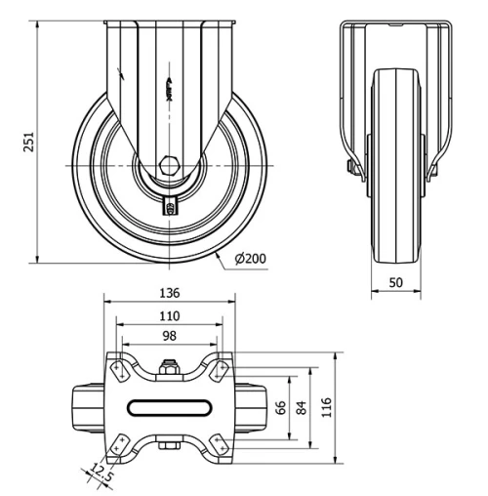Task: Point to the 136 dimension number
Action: click(169, 293)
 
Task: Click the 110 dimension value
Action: click(169, 315)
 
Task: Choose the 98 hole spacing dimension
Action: click(169, 337)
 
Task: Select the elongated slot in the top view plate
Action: click(169, 407)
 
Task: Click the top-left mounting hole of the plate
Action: click(118, 370)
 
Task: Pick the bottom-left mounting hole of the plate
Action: click(118, 443)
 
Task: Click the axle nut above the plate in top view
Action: click(169, 368)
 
